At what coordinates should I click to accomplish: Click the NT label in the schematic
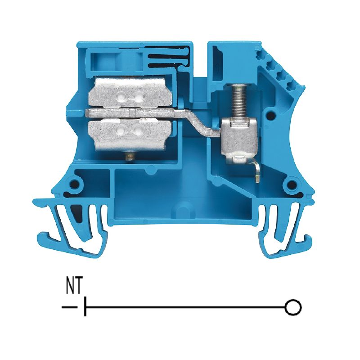[x=74, y=285]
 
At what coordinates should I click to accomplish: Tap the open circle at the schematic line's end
[x=293, y=307]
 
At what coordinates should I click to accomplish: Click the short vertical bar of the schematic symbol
[x=85, y=306]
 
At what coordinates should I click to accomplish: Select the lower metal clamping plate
[x=130, y=133]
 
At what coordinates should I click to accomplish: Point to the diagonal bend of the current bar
[x=198, y=123]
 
